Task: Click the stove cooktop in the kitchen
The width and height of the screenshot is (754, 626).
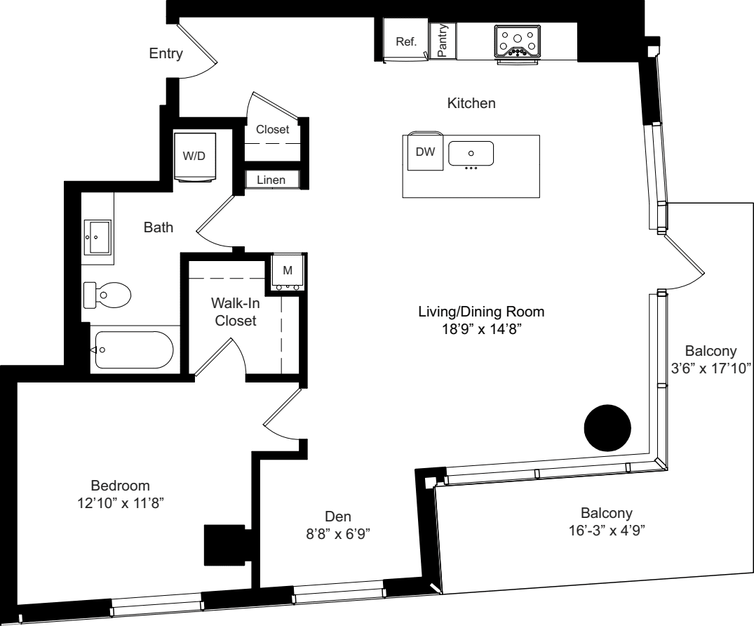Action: coord(518,41)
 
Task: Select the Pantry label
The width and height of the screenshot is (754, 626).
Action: coord(443,41)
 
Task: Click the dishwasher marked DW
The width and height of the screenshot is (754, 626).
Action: coord(425,152)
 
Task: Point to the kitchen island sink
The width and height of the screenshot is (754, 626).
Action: coord(471,153)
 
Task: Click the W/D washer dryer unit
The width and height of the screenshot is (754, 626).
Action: coord(194,156)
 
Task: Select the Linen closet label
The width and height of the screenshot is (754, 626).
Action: coord(271,180)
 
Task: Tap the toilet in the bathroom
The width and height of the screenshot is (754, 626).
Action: coord(107,295)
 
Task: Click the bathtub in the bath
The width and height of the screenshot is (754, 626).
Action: coord(133,349)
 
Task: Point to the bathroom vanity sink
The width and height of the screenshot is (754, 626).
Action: coord(96,237)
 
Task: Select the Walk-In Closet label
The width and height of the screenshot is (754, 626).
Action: coord(234,313)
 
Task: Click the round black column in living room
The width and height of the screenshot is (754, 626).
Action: coord(608,428)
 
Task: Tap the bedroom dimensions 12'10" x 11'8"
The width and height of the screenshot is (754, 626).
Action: coord(121,502)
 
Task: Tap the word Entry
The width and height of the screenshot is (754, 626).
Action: coord(166,54)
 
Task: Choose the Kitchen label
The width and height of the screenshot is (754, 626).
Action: coord(471,104)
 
